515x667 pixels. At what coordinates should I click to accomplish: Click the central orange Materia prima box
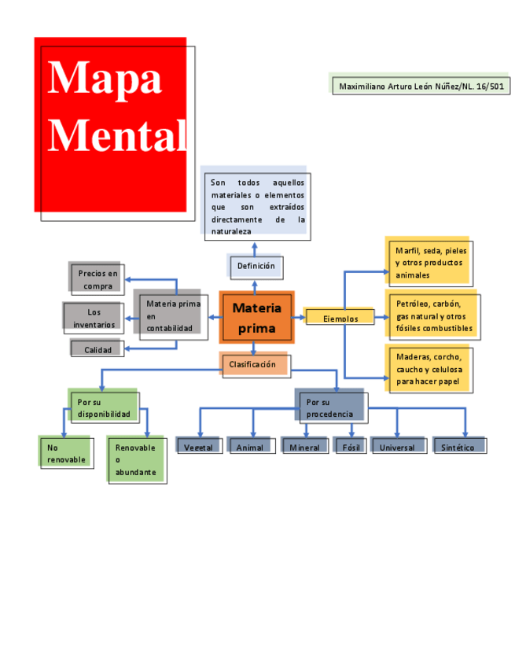(x=256, y=317)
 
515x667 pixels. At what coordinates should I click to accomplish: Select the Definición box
(x=256, y=267)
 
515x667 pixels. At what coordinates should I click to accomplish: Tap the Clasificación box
(x=254, y=365)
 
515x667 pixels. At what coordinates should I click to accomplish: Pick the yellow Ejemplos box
(x=340, y=318)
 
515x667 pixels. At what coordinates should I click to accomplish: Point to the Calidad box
(x=97, y=349)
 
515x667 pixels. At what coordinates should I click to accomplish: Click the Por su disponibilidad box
(x=104, y=407)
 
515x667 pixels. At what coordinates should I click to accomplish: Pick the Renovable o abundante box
(x=135, y=459)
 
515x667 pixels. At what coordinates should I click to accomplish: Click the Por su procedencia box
(x=331, y=407)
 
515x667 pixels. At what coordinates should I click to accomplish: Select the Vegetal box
(x=198, y=447)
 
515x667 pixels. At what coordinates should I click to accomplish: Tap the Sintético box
(x=458, y=447)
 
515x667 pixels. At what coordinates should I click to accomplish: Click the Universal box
(x=397, y=447)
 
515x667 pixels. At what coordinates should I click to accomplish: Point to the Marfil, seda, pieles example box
(x=429, y=263)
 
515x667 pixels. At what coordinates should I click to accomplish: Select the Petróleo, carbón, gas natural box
(x=433, y=315)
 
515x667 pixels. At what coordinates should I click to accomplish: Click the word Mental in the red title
(x=116, y=135)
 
